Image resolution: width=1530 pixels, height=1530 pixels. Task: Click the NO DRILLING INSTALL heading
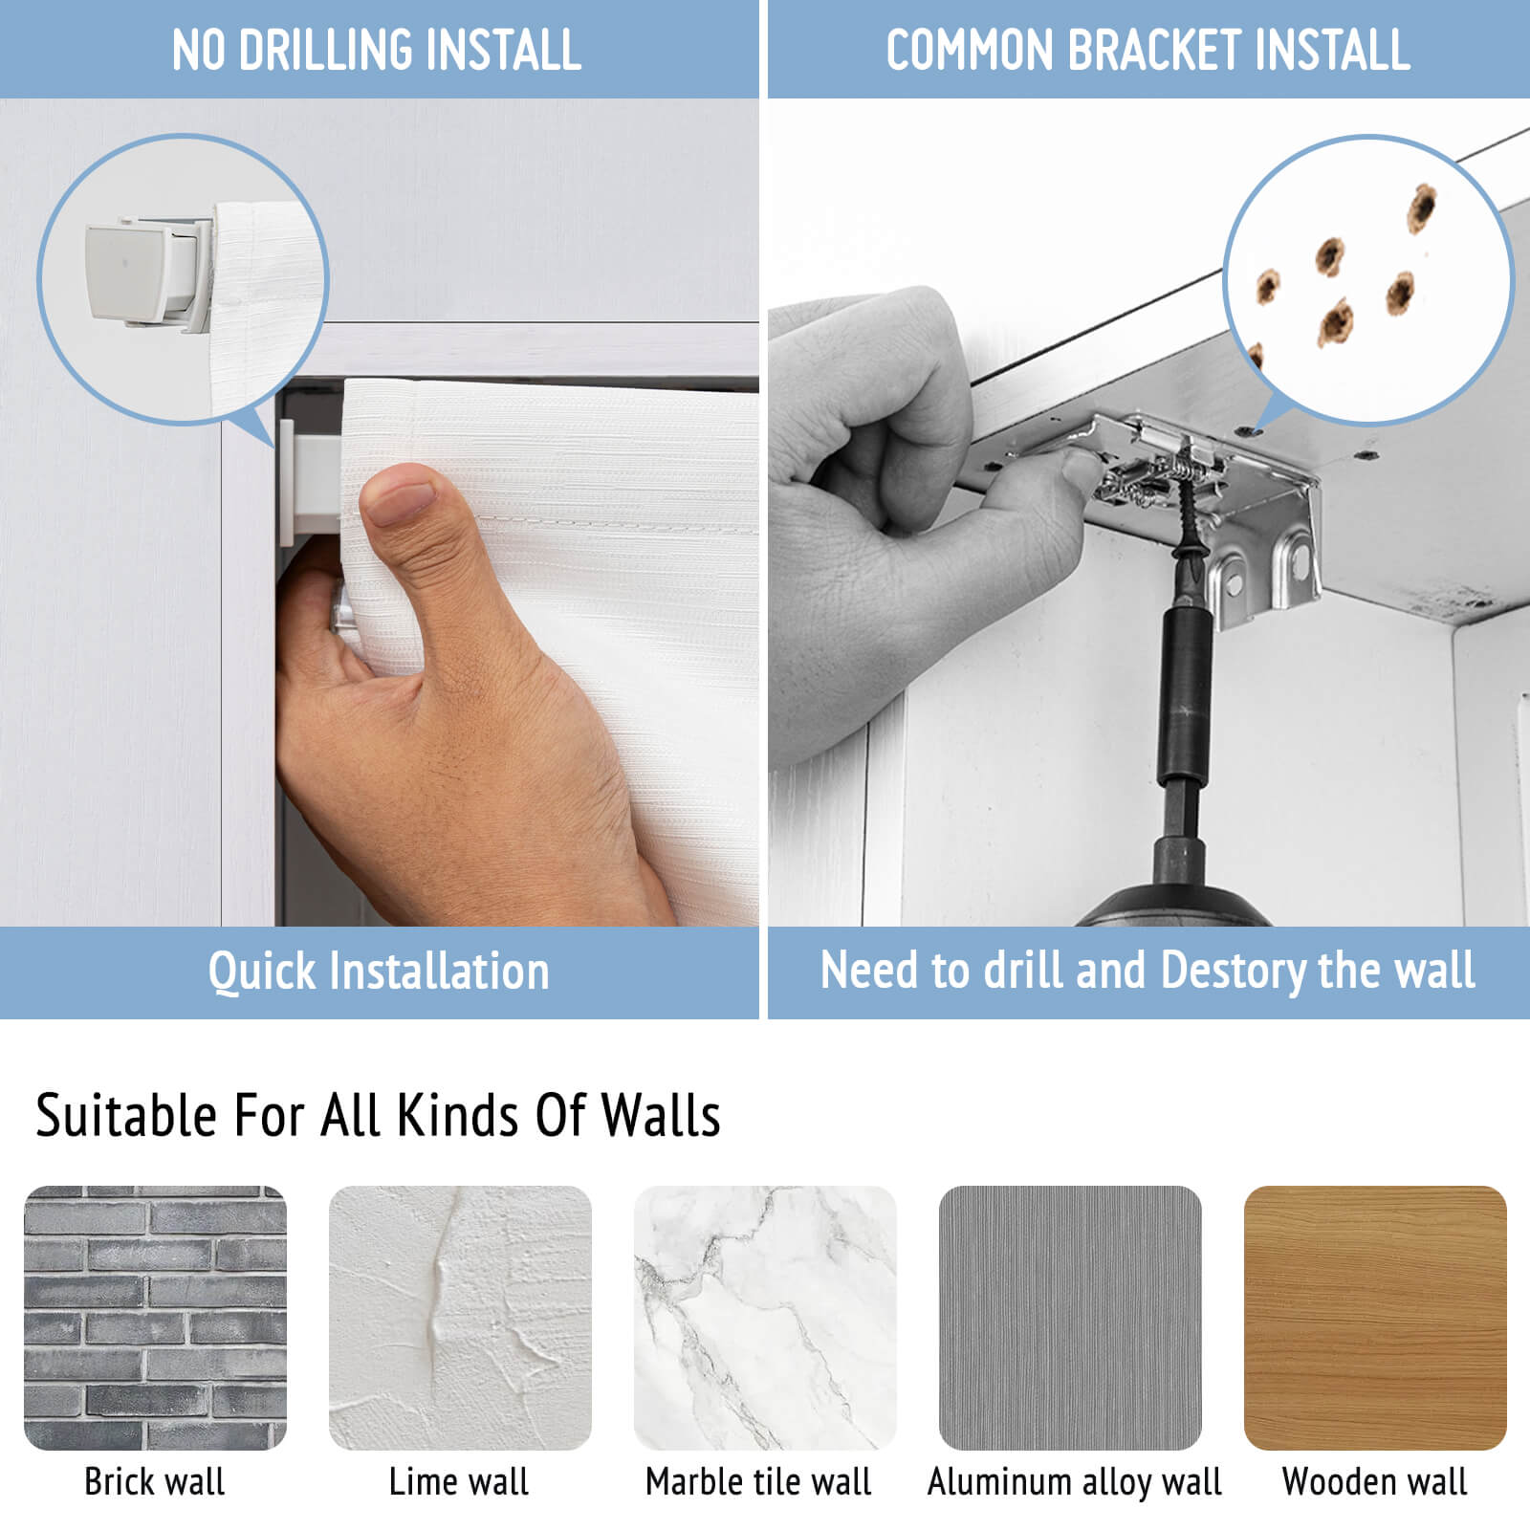(x=377, y=50)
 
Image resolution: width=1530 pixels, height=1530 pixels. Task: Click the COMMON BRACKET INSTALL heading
(x=1148, y=50)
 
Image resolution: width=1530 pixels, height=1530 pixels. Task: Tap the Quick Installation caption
(x=379, y=972)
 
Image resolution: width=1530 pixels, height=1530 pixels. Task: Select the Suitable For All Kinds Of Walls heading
(x=378, y=1115)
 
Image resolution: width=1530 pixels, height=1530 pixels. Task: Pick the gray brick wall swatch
(x=155, y=1318)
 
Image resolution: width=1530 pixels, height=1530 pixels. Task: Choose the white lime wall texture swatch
(x=460, y=1318)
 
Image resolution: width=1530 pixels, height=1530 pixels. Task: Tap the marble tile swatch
(x=765, y=1318)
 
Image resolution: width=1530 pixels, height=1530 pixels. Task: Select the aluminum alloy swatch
(x=1070, y=1318)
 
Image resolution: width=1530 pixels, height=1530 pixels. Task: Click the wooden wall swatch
(x=1375, y=1318)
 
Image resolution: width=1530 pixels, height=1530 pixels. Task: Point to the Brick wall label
(x=155, y=1481)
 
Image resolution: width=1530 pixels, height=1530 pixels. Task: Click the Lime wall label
(x=459, y=1481)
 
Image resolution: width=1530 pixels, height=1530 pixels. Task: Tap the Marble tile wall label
(x=758, y=1481)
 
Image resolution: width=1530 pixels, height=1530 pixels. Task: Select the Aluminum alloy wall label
(x=1075, y=1482)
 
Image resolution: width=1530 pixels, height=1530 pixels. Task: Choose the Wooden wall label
(x=1374, y=1481)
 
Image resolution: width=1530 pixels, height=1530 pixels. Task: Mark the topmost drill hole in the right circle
(x=1422, y=208)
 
